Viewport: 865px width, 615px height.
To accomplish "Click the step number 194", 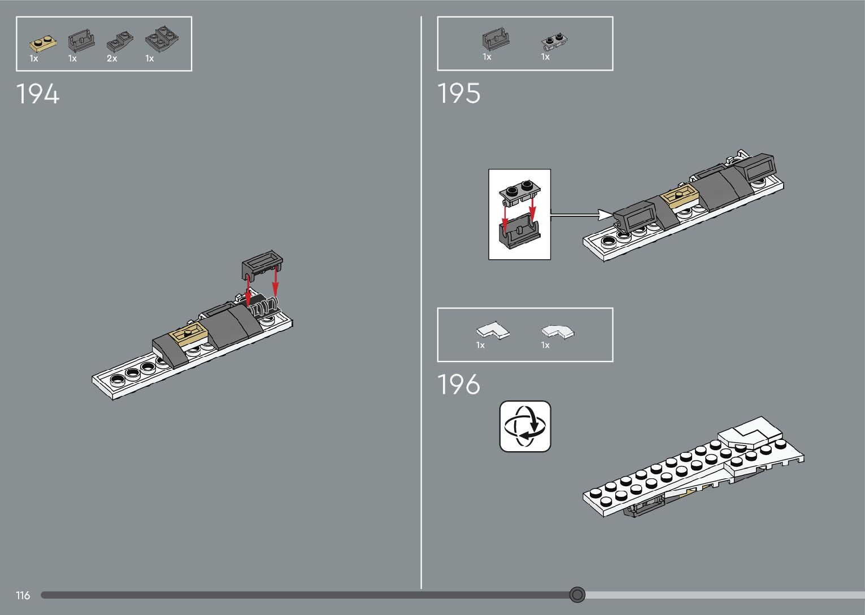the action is (38, 94).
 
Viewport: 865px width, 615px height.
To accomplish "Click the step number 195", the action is (459, 93).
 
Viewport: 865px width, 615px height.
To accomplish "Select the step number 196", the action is (459, 385).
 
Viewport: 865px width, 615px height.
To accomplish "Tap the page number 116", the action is (23, 595).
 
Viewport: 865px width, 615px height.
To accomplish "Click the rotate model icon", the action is (525, 426).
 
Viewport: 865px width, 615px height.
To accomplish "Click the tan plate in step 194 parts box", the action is (42, 43).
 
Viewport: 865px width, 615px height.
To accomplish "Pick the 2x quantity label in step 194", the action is (112, 59).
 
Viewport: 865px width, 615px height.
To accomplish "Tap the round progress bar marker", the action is (577, 595).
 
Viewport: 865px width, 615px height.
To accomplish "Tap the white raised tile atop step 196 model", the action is (751, 432).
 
